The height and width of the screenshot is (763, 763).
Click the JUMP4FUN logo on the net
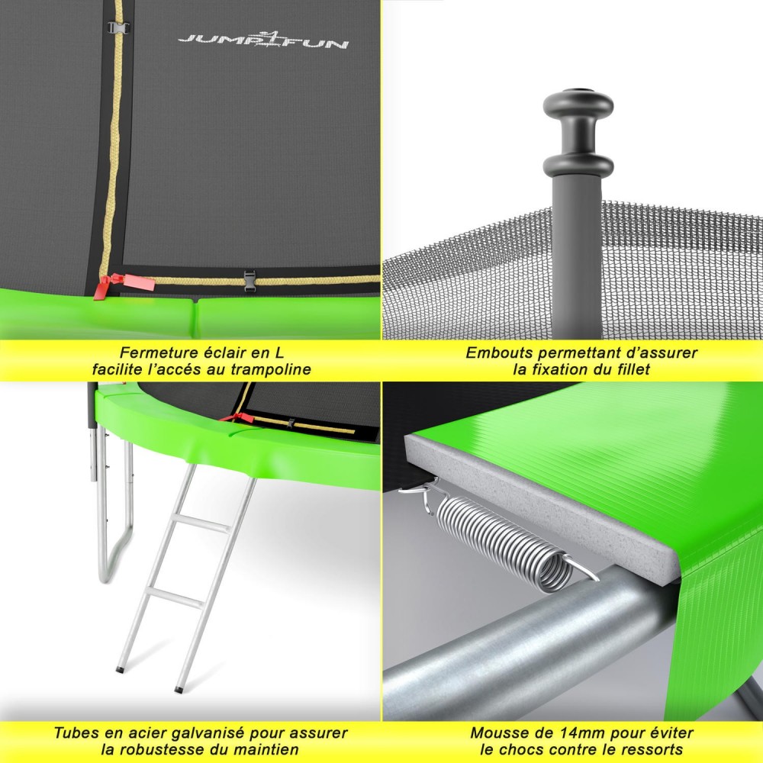point(262,40)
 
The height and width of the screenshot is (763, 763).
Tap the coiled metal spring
point(504,539)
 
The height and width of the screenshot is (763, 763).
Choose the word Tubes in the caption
point(75,732)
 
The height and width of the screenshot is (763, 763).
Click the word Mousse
point(497,732)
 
